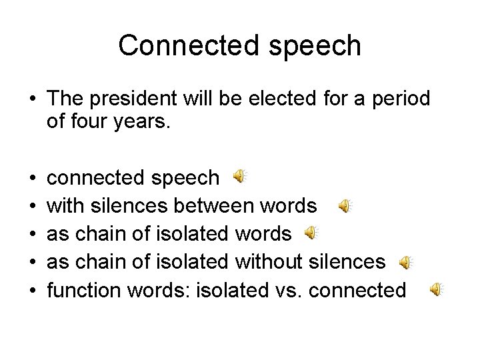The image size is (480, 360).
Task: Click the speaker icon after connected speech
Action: click(240, 176)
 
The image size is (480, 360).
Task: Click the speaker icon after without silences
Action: click(406, 263)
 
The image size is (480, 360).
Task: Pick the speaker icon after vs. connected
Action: click(435, 289)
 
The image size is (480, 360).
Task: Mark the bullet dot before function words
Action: click(33, 291)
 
